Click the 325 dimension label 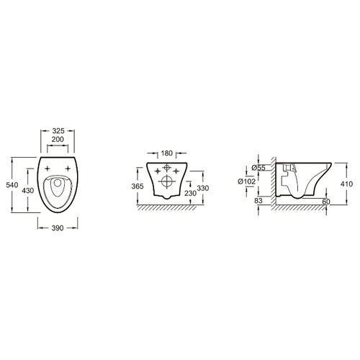tap(58, 131)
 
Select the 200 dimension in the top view tap(58, 139)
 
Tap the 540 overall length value tap(12, 185)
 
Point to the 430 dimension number tap(28, 191)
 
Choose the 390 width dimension tap(58, 228)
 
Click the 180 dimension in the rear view tap(167, 153)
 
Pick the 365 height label tap(138, 186)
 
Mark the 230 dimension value tap(191, 193)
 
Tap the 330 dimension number tap(203, 188)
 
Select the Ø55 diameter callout tap(258, 168)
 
